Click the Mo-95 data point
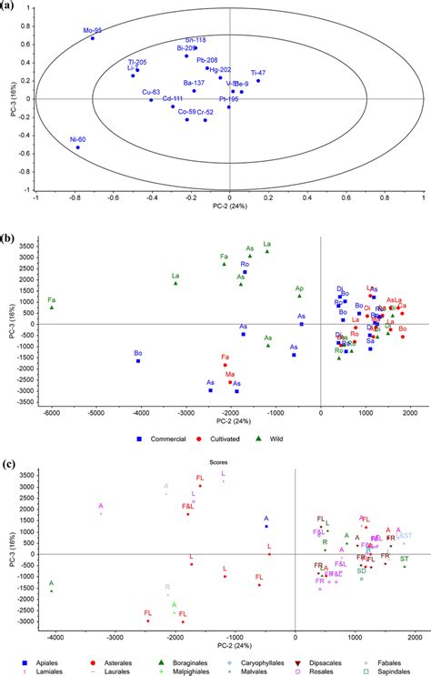pyautogui.click(x=92, y=38)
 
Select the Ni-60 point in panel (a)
pyautogui.click(x=78, y=146)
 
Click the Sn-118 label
pyautogui.click(x=195, y=40)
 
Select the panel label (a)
pyautogui.click(x=8, y=6)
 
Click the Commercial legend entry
pyautogui.click(x=161, y=439)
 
